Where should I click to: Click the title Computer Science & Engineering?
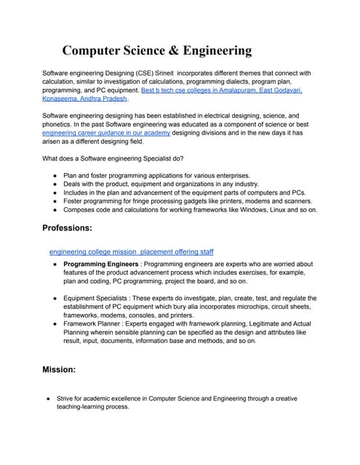[x=156, y=50]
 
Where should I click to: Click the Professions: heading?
[x=67, y=228]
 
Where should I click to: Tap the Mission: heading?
[x=60, y=369]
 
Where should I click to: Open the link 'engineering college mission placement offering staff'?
[x=131, y=251]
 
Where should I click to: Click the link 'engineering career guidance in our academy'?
[x=106, y=133]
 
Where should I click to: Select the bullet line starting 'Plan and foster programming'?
[x=156, y=175]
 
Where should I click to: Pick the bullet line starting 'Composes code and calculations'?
[x=190, y=209]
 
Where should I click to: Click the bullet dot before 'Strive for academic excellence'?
[x=47, y=399]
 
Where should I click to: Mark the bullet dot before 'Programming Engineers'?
[x=55, y=264]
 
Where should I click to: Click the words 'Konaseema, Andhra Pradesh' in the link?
[x=84, y=99]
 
